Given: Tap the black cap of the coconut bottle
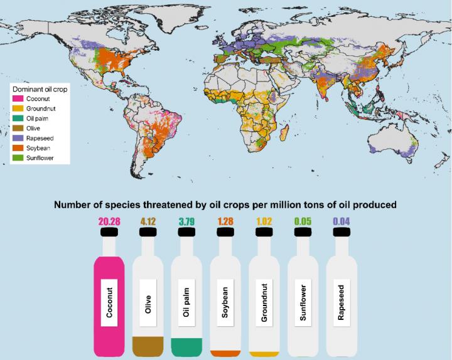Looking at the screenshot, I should [110, 232].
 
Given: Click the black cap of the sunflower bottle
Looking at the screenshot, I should [303, 232].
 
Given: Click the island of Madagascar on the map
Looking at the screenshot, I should [286, 133].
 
